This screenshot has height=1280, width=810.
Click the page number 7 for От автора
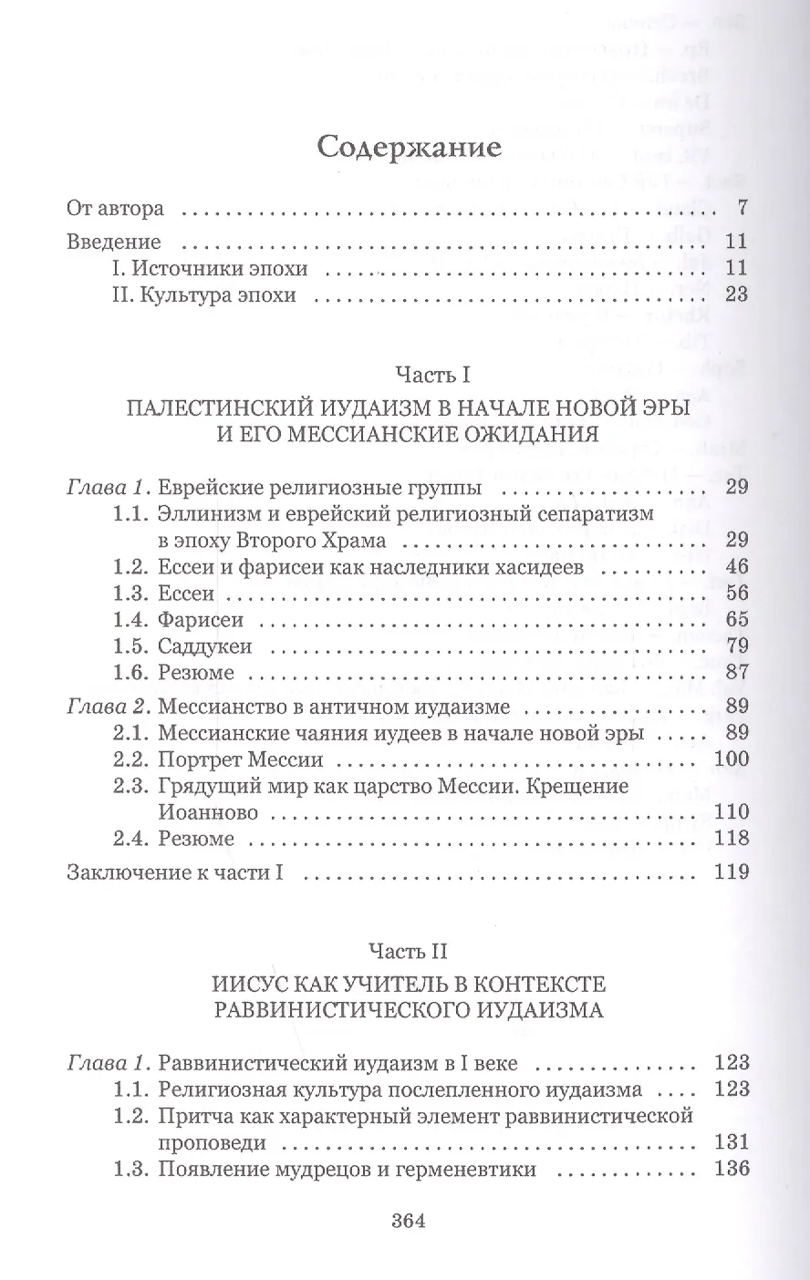tap(742, 208)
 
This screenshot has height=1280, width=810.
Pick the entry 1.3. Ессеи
tap(164, 594)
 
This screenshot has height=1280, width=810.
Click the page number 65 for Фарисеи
tap(737, 620)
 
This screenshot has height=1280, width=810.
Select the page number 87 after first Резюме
tap(737, 674)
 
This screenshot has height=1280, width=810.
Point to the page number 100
tap(732, 759)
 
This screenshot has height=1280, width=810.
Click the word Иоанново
tap(208, 811)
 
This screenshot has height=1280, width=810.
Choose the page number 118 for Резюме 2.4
tap(732, 838)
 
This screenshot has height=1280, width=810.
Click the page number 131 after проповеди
tap(732, 1141)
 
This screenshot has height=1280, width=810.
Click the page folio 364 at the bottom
tap(408, 1222)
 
